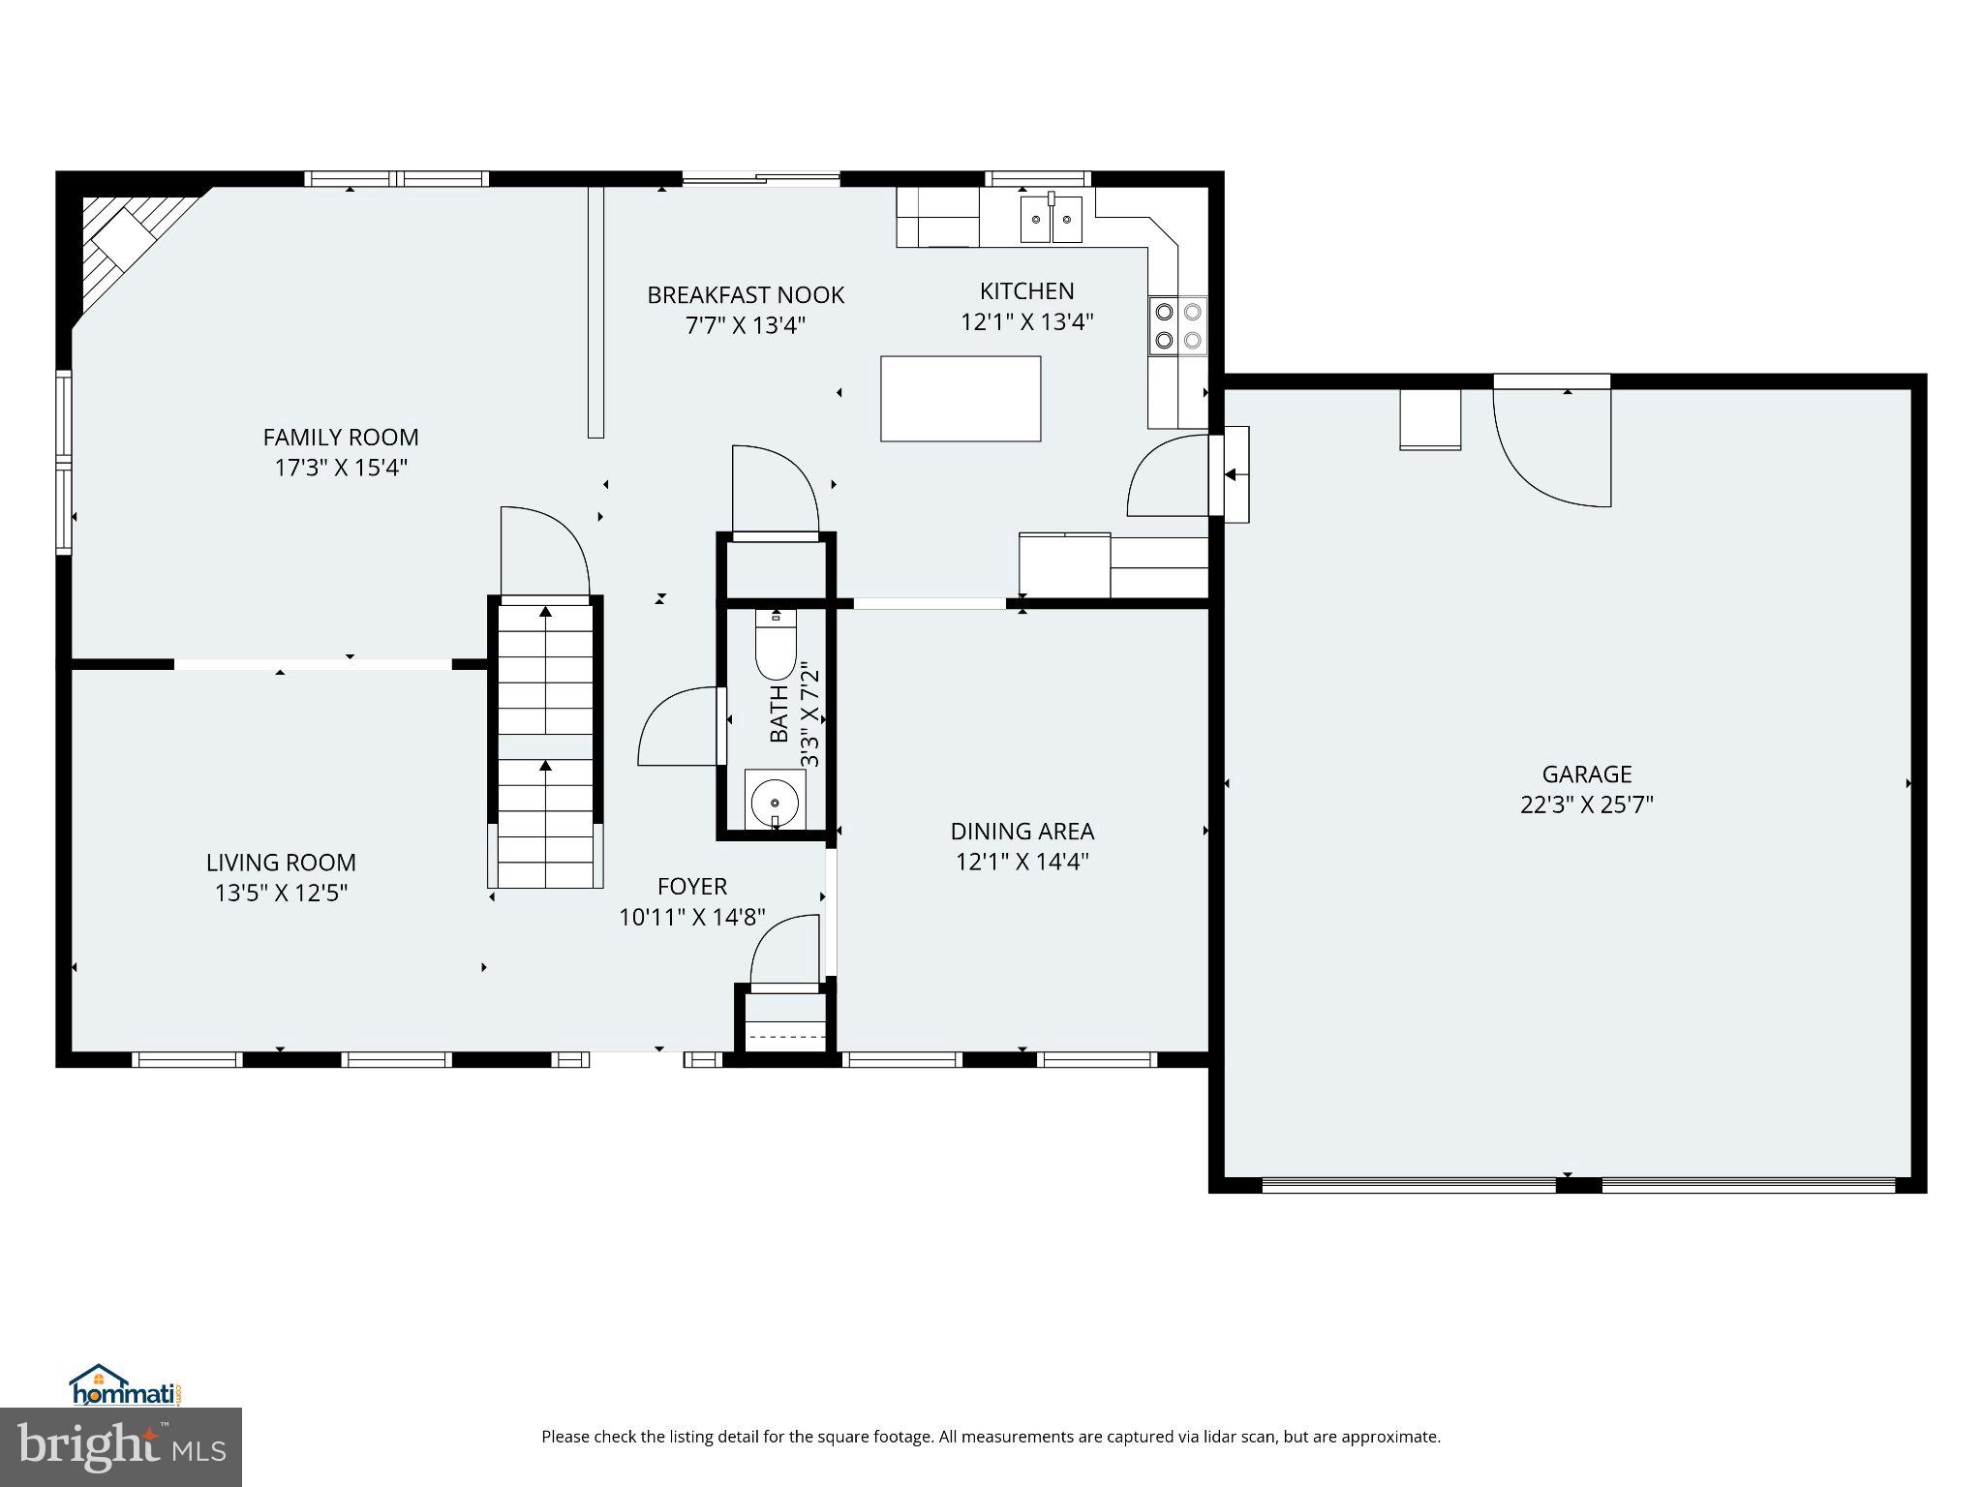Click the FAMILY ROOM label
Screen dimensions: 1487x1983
tap(341, 438)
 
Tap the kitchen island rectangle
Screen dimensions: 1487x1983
tap(960, 399)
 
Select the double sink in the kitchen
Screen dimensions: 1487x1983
tap(1051, 221)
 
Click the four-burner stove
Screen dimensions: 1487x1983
tap(1178, 325)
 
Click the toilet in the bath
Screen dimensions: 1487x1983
tap(776, 643)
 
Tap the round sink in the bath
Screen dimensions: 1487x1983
tap(775, 803)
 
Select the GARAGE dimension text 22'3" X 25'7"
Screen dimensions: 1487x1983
tap(1586, 805)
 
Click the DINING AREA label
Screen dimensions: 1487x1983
tap(1022, 832)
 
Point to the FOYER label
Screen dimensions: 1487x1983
tap(691, 887)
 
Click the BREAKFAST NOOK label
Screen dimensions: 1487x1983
tap(746, 295)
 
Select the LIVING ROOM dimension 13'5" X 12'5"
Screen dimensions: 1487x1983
tap(281, 893)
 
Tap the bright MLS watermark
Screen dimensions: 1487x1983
tap(121, 1446)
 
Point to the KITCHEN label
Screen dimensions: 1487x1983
tap(1026, 291)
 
